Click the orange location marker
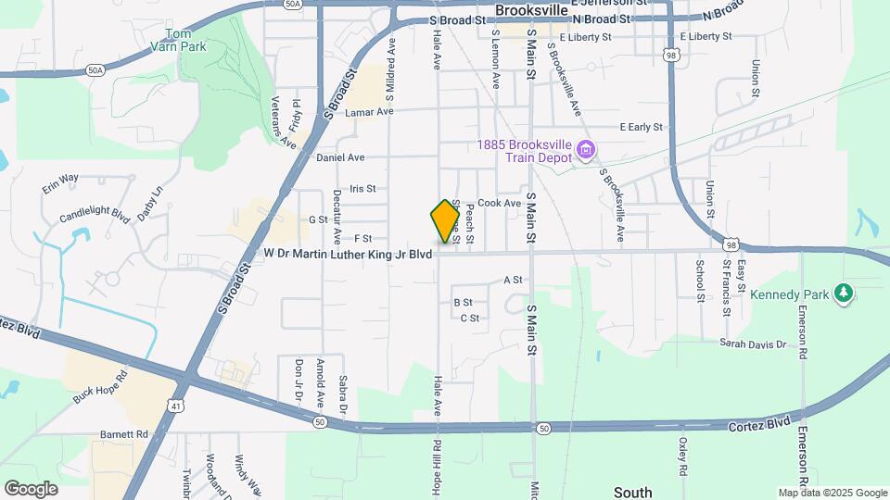point(445,220)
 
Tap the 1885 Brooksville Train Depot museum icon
point(585,149)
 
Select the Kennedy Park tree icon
point(843,294)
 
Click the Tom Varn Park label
point(180,40)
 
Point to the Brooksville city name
point(530,10)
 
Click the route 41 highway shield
point(175,404)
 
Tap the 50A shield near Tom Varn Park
point(95,69)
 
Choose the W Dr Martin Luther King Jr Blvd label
point(349,253)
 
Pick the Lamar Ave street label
point(369,112)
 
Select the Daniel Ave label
point(340,157)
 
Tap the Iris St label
point(362,188)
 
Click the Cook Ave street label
point(500,203)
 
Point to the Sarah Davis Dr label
point(753,343)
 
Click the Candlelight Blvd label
point(94,214)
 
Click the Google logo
point(31,488)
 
